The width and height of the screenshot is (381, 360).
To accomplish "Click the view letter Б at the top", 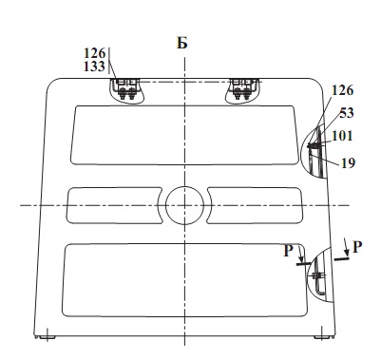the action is pos(182,43).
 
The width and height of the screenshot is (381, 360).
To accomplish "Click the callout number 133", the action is pos(94,66).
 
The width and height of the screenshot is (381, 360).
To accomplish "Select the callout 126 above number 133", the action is pos(94,53).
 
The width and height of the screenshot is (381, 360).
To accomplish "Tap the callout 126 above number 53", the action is pos(342,90).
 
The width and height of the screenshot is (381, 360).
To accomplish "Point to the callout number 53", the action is pos(347,113).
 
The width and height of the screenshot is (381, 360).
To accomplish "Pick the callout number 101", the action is pos(342,136).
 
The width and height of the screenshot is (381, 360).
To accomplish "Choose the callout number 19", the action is pos(348,163).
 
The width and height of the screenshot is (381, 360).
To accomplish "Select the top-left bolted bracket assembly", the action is pos(126,89).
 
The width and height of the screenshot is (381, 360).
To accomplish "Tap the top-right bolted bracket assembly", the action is pos(243,89).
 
